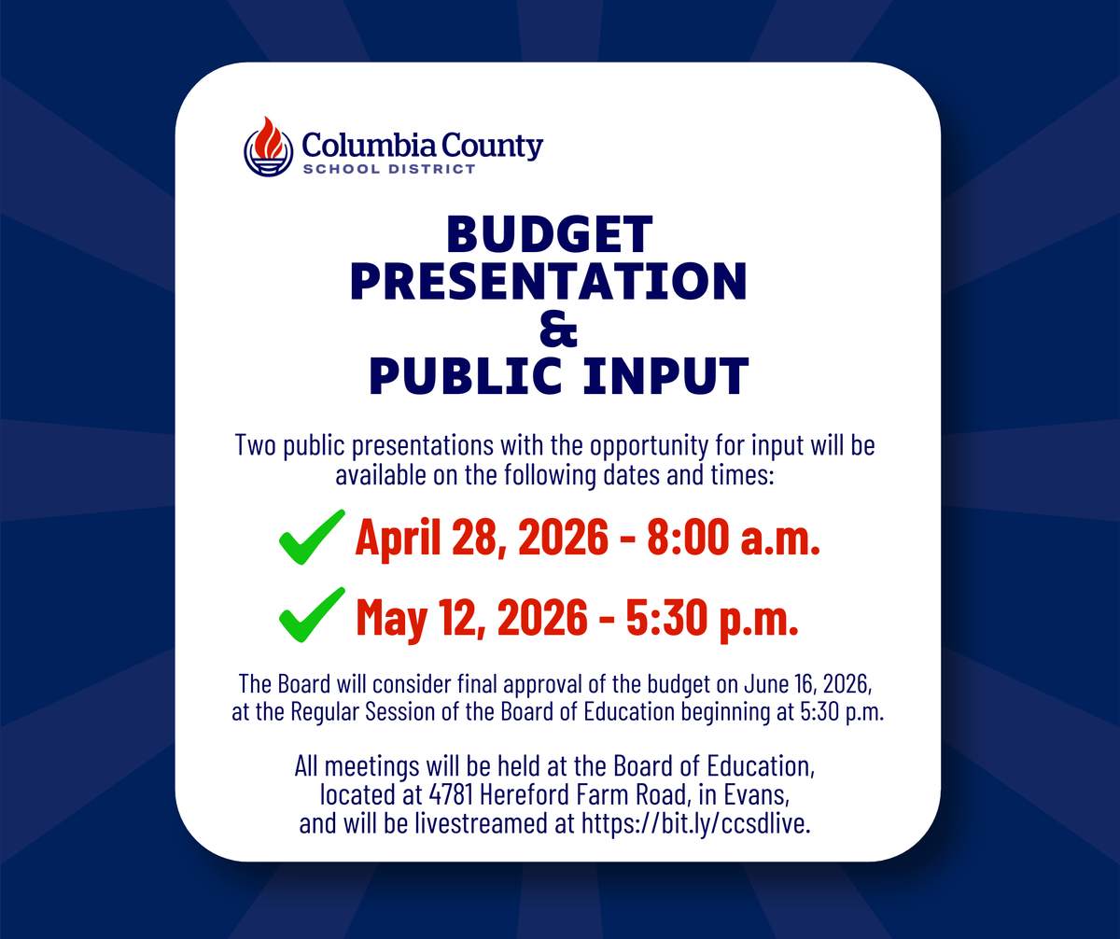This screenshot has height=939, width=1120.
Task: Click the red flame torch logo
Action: [x=268, y=147]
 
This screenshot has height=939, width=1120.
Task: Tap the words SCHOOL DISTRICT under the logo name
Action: [x=389, y=169]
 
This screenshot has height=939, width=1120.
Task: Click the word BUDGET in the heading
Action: [x=550, y=234]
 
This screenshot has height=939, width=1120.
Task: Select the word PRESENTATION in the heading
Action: [x=548, y=281]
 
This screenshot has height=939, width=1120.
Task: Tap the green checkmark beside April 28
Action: [x=312, y=537]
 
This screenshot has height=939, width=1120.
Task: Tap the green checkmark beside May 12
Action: [x=312, y=614]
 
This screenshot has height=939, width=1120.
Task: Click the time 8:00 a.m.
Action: [x=734, y=537]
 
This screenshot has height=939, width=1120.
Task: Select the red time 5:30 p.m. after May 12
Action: [x=712, y=617]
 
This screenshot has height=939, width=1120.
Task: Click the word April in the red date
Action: [x=398, y=539]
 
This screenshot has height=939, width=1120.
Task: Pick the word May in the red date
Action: [x=392, y=618]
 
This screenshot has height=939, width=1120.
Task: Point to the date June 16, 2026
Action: [x=807, y=684]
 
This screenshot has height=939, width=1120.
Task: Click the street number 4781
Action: [x=451, y=794]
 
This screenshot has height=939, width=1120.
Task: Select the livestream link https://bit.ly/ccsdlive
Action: [x=695, y=823]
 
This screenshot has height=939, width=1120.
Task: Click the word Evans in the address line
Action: [x=756, y=794]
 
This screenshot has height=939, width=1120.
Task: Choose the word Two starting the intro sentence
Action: [x=256, y=445]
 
